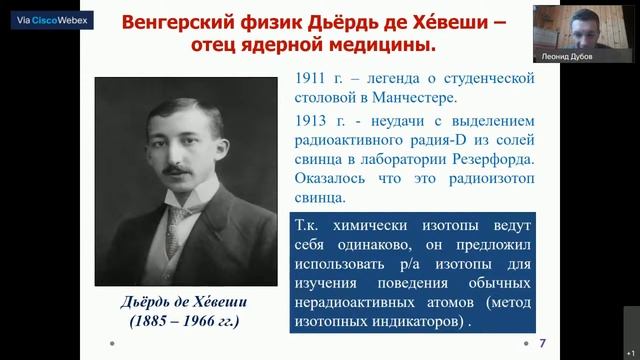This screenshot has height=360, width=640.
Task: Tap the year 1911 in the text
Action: point(313,78)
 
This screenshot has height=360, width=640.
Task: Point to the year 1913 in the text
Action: point(313,119)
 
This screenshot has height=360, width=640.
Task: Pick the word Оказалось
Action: point(332,181)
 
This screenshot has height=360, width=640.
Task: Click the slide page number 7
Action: point(543,343)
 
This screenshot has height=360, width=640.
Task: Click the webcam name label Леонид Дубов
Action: point(567,57)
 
